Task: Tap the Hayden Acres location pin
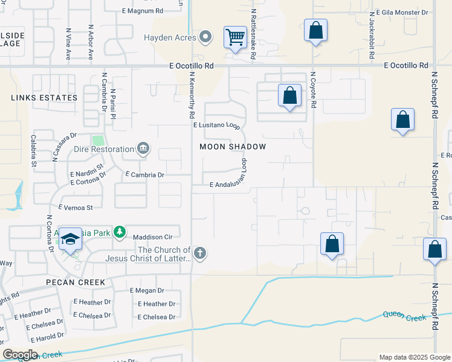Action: click(x=205, y=37)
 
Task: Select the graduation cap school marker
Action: click(x=71, y=240)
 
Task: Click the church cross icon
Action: click(x=200, y=254)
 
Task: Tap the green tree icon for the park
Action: click(x=120, y=232)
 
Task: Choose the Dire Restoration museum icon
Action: click(x=143, y=148)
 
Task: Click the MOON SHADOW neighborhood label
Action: click(x=233, y=147)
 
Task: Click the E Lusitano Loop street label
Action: click(x=217, y=125)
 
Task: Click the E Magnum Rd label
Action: click(x=143, y=11)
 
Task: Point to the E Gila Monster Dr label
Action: click(x=402, y=12)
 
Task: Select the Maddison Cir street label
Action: click(x=152, y=237)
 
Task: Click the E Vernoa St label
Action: click(x=76, y=208)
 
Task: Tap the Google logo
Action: click(x=21, y=355)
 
